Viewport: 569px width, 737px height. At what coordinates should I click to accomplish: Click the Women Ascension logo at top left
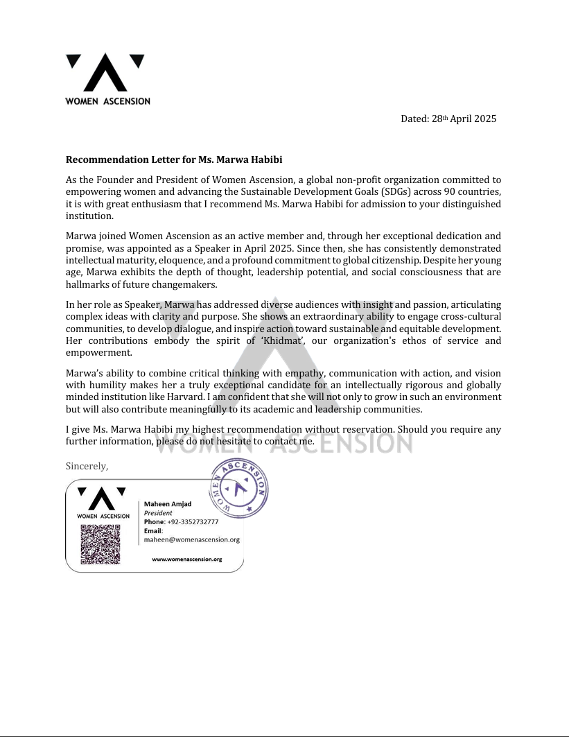pyautogui.click(x=107, y=79)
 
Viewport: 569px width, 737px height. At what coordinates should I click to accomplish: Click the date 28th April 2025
pyautogui.click(x=448, y=119)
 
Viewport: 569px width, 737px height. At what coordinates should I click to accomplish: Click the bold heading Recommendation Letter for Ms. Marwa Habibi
pyautogui.click(x=175, y=160)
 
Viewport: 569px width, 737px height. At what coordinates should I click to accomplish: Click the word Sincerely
pyautogui.click(x=87, y=466)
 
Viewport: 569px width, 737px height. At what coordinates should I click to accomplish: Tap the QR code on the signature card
pyautogui.click(x=95, y=544)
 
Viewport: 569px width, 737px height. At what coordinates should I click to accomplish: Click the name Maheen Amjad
pyautogui.click(x=168, y=504)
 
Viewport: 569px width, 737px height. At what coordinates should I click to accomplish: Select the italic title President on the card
pyautogui.click(x=158, y=513)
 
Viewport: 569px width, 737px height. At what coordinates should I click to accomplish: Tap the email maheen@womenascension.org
pyautogui.click(x=191, y=539)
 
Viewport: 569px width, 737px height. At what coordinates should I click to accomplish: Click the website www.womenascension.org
pyautogui.click(x=186, y=559)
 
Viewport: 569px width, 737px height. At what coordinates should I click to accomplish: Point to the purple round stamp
pyautogui.click(x=238, y=489)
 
